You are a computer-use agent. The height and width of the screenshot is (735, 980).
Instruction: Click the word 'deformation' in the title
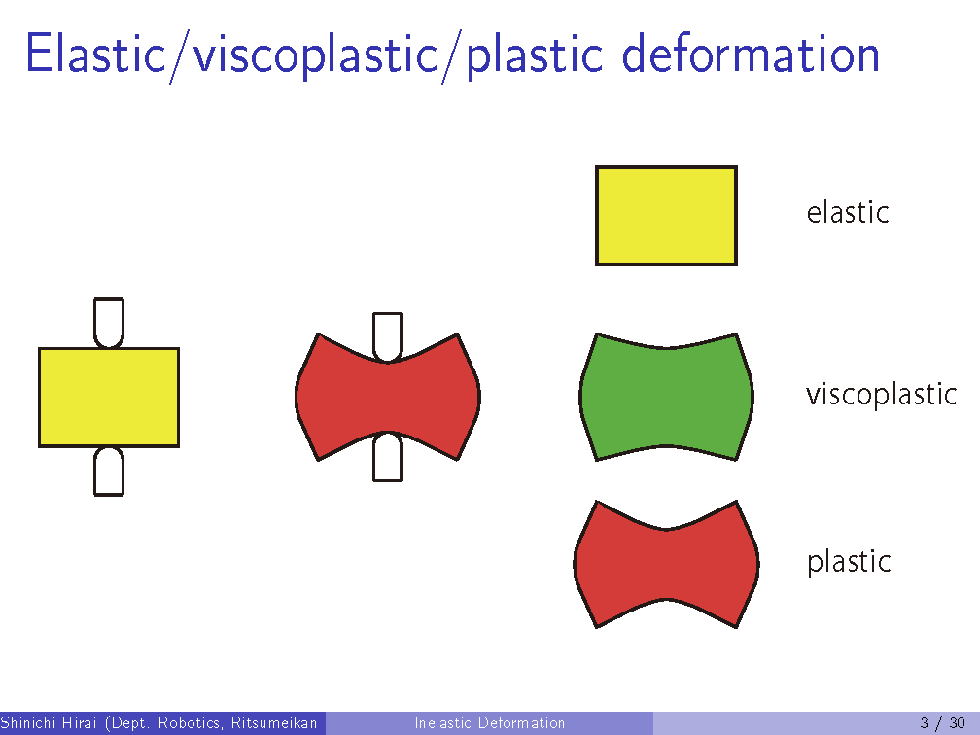click(751, 54)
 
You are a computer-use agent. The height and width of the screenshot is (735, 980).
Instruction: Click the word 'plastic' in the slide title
click(535, 57)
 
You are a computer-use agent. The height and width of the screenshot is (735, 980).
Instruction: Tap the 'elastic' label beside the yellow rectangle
click(848, 212)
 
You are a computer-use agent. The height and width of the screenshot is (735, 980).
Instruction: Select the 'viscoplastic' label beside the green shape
click(881, 395)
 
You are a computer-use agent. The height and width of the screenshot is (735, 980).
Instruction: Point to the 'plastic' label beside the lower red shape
click(849, 562)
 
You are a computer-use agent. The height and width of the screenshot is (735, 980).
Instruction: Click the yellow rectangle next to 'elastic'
click(666, 216)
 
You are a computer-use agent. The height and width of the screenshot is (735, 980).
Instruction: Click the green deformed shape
click(666, 398)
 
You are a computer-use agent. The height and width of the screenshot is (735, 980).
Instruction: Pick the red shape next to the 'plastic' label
click(666, 564)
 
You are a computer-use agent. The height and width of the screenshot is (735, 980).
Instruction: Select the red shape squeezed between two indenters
click(388, 397)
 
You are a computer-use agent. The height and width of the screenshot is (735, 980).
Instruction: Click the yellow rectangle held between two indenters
click(109, 398)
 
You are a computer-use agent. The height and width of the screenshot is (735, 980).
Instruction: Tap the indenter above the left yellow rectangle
click(109, 323)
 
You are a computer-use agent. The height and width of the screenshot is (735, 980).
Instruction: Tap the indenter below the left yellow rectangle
click(109, 472)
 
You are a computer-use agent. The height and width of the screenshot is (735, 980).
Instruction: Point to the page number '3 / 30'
click(942, 723)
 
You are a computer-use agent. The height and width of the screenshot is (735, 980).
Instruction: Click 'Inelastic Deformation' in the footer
click(489, 723)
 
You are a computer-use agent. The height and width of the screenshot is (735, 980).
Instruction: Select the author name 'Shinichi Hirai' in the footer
click(50, 723)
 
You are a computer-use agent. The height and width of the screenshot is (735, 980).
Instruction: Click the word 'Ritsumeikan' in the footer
click(274, 723)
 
